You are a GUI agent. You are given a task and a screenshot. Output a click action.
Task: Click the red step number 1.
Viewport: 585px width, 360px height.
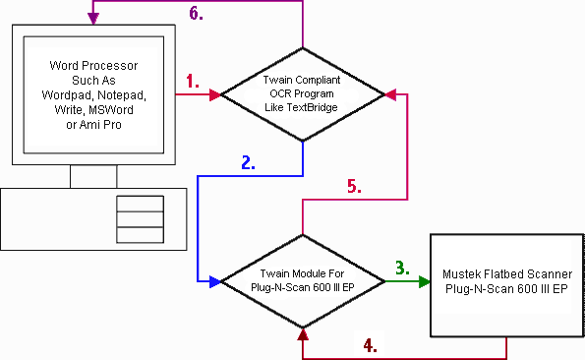pyautogui.click(x=192, y=81)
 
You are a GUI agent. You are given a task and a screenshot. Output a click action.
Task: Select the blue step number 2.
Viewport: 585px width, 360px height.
pyautogui.click(x=248, y=162)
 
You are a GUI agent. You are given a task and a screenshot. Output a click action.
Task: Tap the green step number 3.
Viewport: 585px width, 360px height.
pyautogui.click(x=402, y=268)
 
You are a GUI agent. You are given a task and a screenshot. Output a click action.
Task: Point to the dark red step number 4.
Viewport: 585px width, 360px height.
pyautogui.click(x=370, y=345)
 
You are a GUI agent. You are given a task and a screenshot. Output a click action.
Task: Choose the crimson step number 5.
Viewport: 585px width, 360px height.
pyautogui.click(x=354, y=186)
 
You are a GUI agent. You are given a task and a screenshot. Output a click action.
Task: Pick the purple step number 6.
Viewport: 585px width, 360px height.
pyautogui.click(x=196, y=13)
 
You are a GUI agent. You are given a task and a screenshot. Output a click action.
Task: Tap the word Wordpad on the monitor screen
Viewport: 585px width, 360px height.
pyautogui.click(x=68, y=95)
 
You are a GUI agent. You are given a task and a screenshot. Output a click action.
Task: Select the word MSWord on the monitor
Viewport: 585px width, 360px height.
pyautogui.click(x=111, y=110)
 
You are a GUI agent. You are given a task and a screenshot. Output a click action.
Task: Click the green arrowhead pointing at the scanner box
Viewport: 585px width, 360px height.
pyautogui.click(x=425, y=281)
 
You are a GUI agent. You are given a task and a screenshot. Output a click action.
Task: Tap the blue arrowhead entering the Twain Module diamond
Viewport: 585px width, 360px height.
pyautogui.click(x=215, y=281)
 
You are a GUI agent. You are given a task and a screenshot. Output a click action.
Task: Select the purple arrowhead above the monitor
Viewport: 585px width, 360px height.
pyautogui.click(x=93, y=19)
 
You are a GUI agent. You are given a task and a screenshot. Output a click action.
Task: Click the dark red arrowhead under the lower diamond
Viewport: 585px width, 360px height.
pyautogui.click(x=303, y=334)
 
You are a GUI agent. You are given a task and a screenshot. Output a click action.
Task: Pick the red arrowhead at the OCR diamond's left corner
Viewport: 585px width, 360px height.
pyautogui.click(x=215, y=94)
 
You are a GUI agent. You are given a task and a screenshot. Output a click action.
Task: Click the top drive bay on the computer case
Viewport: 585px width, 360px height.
pyautogui.click(x=140, y=204)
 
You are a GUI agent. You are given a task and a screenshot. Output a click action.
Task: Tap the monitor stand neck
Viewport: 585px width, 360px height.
pyautogui.click(x=93, y=176)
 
